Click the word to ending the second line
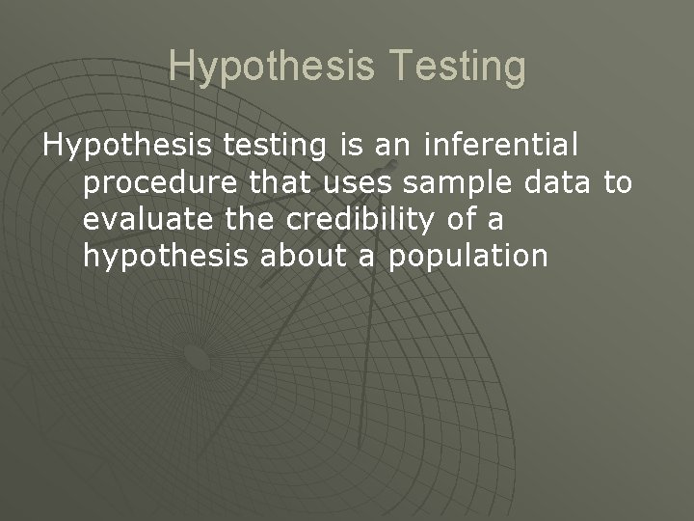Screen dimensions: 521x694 click(616, 182)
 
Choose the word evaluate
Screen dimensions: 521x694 click(147, 219)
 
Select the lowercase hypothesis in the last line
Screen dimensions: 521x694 click(158, 257)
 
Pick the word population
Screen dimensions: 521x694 click(467, 257)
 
